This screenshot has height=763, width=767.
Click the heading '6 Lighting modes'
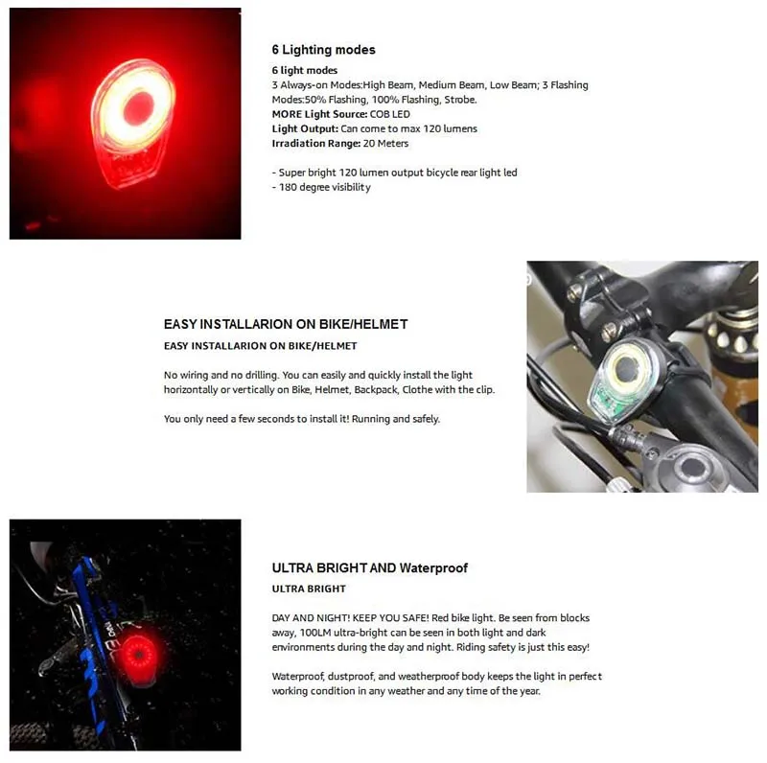[323, 50]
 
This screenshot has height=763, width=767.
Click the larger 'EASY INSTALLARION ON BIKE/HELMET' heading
[286, 325]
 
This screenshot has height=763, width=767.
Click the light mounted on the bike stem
[625, 375]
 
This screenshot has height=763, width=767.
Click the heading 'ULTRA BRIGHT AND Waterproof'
[369, 567]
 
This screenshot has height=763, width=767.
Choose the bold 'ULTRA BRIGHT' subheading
[309, 589]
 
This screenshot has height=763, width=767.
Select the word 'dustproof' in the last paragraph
[356, 677]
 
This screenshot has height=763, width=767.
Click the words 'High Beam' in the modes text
[387, 85]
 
